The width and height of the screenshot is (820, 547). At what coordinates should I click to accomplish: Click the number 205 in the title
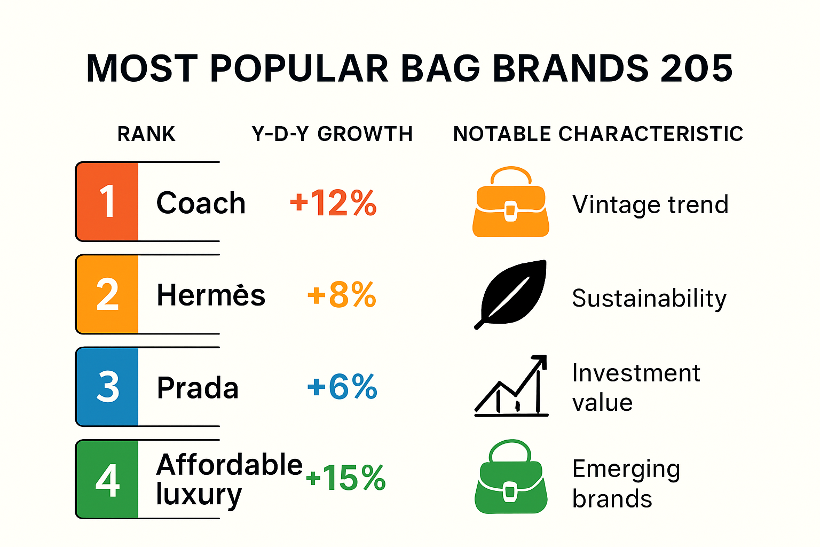pos(696,68)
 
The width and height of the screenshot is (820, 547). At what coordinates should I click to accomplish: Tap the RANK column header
pos(146,134)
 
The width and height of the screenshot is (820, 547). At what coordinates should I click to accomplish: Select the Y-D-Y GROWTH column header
pos(332,134)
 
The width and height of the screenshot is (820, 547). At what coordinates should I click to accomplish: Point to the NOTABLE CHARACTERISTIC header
pos(598,134)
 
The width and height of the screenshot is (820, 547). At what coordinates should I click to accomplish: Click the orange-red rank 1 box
pos(107,202)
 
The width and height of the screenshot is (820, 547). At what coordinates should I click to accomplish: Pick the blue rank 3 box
pos(107,387)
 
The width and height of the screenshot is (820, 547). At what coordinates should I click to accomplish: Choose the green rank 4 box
pos(107,479)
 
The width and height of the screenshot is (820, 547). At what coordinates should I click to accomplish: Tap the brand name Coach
pos(201,203)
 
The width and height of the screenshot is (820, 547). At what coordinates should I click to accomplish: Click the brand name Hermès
pos(211,295)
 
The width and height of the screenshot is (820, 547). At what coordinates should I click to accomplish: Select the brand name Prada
pos(198,388)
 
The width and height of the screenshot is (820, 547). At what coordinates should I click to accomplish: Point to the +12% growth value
pos(333,203)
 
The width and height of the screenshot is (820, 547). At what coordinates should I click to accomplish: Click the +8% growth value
pos(342,295)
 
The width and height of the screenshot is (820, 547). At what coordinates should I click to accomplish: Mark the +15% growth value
pos(345,478)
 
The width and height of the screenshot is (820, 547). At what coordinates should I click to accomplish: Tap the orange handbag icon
pos(511,203)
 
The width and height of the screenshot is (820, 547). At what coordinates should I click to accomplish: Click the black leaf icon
pos(511,294)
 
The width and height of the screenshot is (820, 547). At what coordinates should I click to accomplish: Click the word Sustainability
pos(649,298)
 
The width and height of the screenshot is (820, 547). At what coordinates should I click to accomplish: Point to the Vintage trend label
pos(650,205)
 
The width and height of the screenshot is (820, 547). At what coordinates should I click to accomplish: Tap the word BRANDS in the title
pos(570,68)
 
